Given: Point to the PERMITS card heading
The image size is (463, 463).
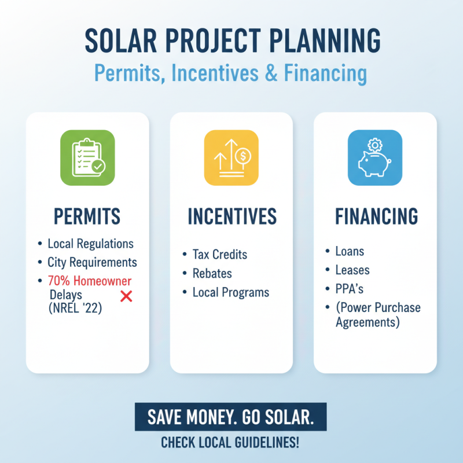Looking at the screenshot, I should (87, 216).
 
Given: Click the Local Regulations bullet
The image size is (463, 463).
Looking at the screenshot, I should (90, 244).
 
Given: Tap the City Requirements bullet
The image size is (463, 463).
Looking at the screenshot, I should (92, 262).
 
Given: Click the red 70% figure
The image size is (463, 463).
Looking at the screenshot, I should (58, 281).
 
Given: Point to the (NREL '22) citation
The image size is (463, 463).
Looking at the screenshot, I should (76, 309).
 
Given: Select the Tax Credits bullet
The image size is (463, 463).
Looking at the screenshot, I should (219, 255).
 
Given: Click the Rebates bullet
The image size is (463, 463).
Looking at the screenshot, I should (212, 273).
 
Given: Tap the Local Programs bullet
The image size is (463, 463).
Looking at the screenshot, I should (230, 292).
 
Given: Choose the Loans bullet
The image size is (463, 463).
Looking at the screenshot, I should (350, 251).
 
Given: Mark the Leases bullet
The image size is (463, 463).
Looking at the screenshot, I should (352, 270).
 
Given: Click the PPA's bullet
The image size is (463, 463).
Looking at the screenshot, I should (350, 288).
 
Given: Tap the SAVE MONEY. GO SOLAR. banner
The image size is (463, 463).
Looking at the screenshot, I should (230, 417).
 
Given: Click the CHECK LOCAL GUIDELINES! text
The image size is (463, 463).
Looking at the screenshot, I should (230, 443).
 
